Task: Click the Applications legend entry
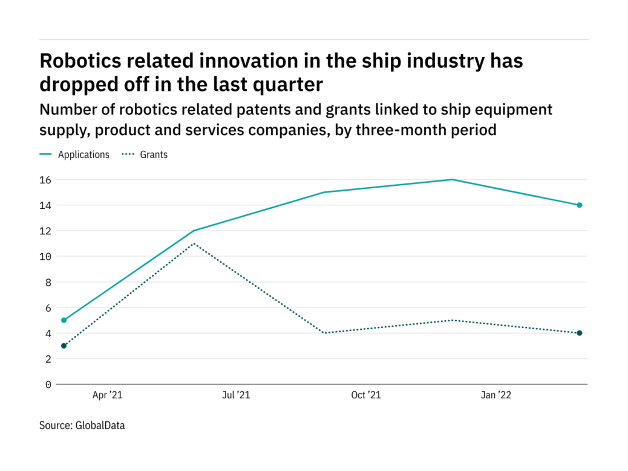click(83, 154)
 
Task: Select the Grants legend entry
click(154, 154)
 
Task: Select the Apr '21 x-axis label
click(108, 396)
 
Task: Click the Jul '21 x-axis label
click(235, 396)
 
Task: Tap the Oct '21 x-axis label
click(366, 396)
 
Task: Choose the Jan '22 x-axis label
click(496, 396)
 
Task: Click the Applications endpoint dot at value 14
click(580, 205)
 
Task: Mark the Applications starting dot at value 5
click(64, 320)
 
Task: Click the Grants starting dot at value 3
click(64, 346)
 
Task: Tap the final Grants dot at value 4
click(580, 333)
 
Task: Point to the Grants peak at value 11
click(193, 243)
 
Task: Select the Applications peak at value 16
click(452, 180)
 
